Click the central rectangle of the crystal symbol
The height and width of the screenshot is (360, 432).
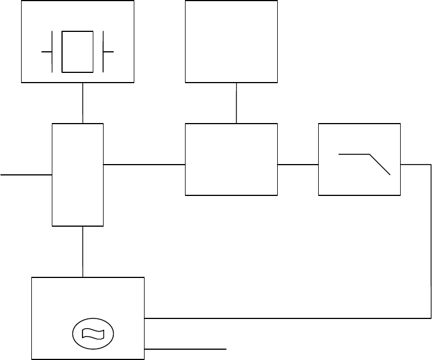click(x=77, y=51)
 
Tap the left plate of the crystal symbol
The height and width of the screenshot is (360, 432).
click(x=53, y=51)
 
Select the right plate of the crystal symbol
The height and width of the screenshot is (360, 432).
click(x=103, y=51)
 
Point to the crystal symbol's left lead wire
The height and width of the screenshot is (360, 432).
click(x=47, y=51)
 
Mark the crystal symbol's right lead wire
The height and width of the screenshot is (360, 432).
click(x=109, y=51)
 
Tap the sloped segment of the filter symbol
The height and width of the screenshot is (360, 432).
click(x=380, y=164)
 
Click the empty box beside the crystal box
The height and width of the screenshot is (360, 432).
click(x=231, y=41)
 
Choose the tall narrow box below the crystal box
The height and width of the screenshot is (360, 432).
click(x=77, y=174)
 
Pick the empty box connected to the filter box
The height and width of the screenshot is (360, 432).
click(x=231, y=159)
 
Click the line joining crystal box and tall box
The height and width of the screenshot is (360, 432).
click(x=83, y=103)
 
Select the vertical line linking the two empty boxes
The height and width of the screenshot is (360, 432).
click(x=236, y=103)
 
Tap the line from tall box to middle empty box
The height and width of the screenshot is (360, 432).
click(x=145, y=165)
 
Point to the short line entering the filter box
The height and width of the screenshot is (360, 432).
click(x=298, y=165)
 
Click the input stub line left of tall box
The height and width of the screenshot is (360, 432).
click(x=26, y=175)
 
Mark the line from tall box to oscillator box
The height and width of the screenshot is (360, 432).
click(x=83, y=251)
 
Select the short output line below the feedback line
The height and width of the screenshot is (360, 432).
click(x=186, y=347)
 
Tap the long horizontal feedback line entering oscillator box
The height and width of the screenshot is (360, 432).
click(x=285, y=317)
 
